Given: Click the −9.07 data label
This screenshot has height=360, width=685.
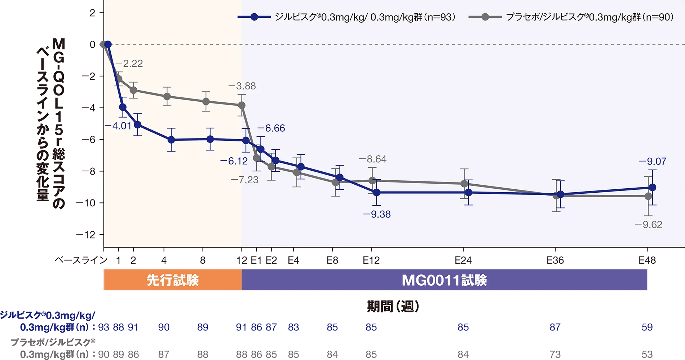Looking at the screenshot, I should coord(653,161).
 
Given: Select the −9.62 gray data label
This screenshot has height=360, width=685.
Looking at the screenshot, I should coord(649,225).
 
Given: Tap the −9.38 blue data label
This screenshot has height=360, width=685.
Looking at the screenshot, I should coord(377,214).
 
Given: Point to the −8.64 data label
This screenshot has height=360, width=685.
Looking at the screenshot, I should coord(372,159).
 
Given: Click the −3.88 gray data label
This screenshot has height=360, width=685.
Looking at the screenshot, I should coord(242,86).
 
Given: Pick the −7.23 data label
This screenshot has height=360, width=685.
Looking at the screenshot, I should coord(244,180).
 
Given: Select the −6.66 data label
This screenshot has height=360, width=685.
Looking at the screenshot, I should coord(271,128).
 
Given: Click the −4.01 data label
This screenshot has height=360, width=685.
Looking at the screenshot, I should coord(118,126).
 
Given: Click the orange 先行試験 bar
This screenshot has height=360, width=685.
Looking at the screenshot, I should coord(172,280).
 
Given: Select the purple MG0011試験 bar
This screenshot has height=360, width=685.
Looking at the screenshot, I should coord(444,280).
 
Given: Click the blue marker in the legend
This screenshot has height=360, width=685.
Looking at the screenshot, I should coord(254,17).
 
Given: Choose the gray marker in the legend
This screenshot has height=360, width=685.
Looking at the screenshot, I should coord(485,17).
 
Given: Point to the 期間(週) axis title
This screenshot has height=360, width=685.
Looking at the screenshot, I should coord(393,307).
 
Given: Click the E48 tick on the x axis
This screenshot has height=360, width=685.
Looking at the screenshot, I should coord(648,260).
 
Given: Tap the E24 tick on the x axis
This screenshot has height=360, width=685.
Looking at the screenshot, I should coord(463,260).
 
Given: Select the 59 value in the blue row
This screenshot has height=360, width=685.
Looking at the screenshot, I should coord(647,327).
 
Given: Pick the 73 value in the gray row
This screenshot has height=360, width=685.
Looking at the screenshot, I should coord(555,354).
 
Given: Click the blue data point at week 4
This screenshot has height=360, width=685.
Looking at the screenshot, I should coord(171,140).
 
